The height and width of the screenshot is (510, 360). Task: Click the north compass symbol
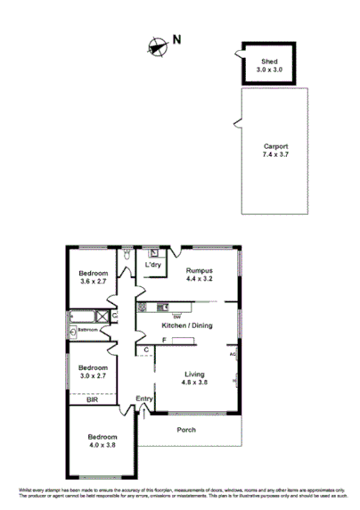coord(158,46)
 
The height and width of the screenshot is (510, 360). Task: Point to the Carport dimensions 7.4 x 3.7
coord(274,154)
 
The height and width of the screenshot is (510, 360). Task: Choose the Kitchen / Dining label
coord(186,326)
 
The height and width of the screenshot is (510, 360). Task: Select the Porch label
coord(185,430)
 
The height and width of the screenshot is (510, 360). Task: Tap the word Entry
coord(143,398)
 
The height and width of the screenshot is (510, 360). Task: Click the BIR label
coord(92,401)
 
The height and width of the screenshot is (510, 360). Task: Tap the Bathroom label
coord(87,330)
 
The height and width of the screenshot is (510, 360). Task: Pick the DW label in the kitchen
coord(176,317)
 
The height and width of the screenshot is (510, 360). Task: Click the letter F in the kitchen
coord(140,340)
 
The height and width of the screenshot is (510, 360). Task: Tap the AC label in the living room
coord(233,354)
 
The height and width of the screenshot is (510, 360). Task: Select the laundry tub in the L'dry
coord(154,252)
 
